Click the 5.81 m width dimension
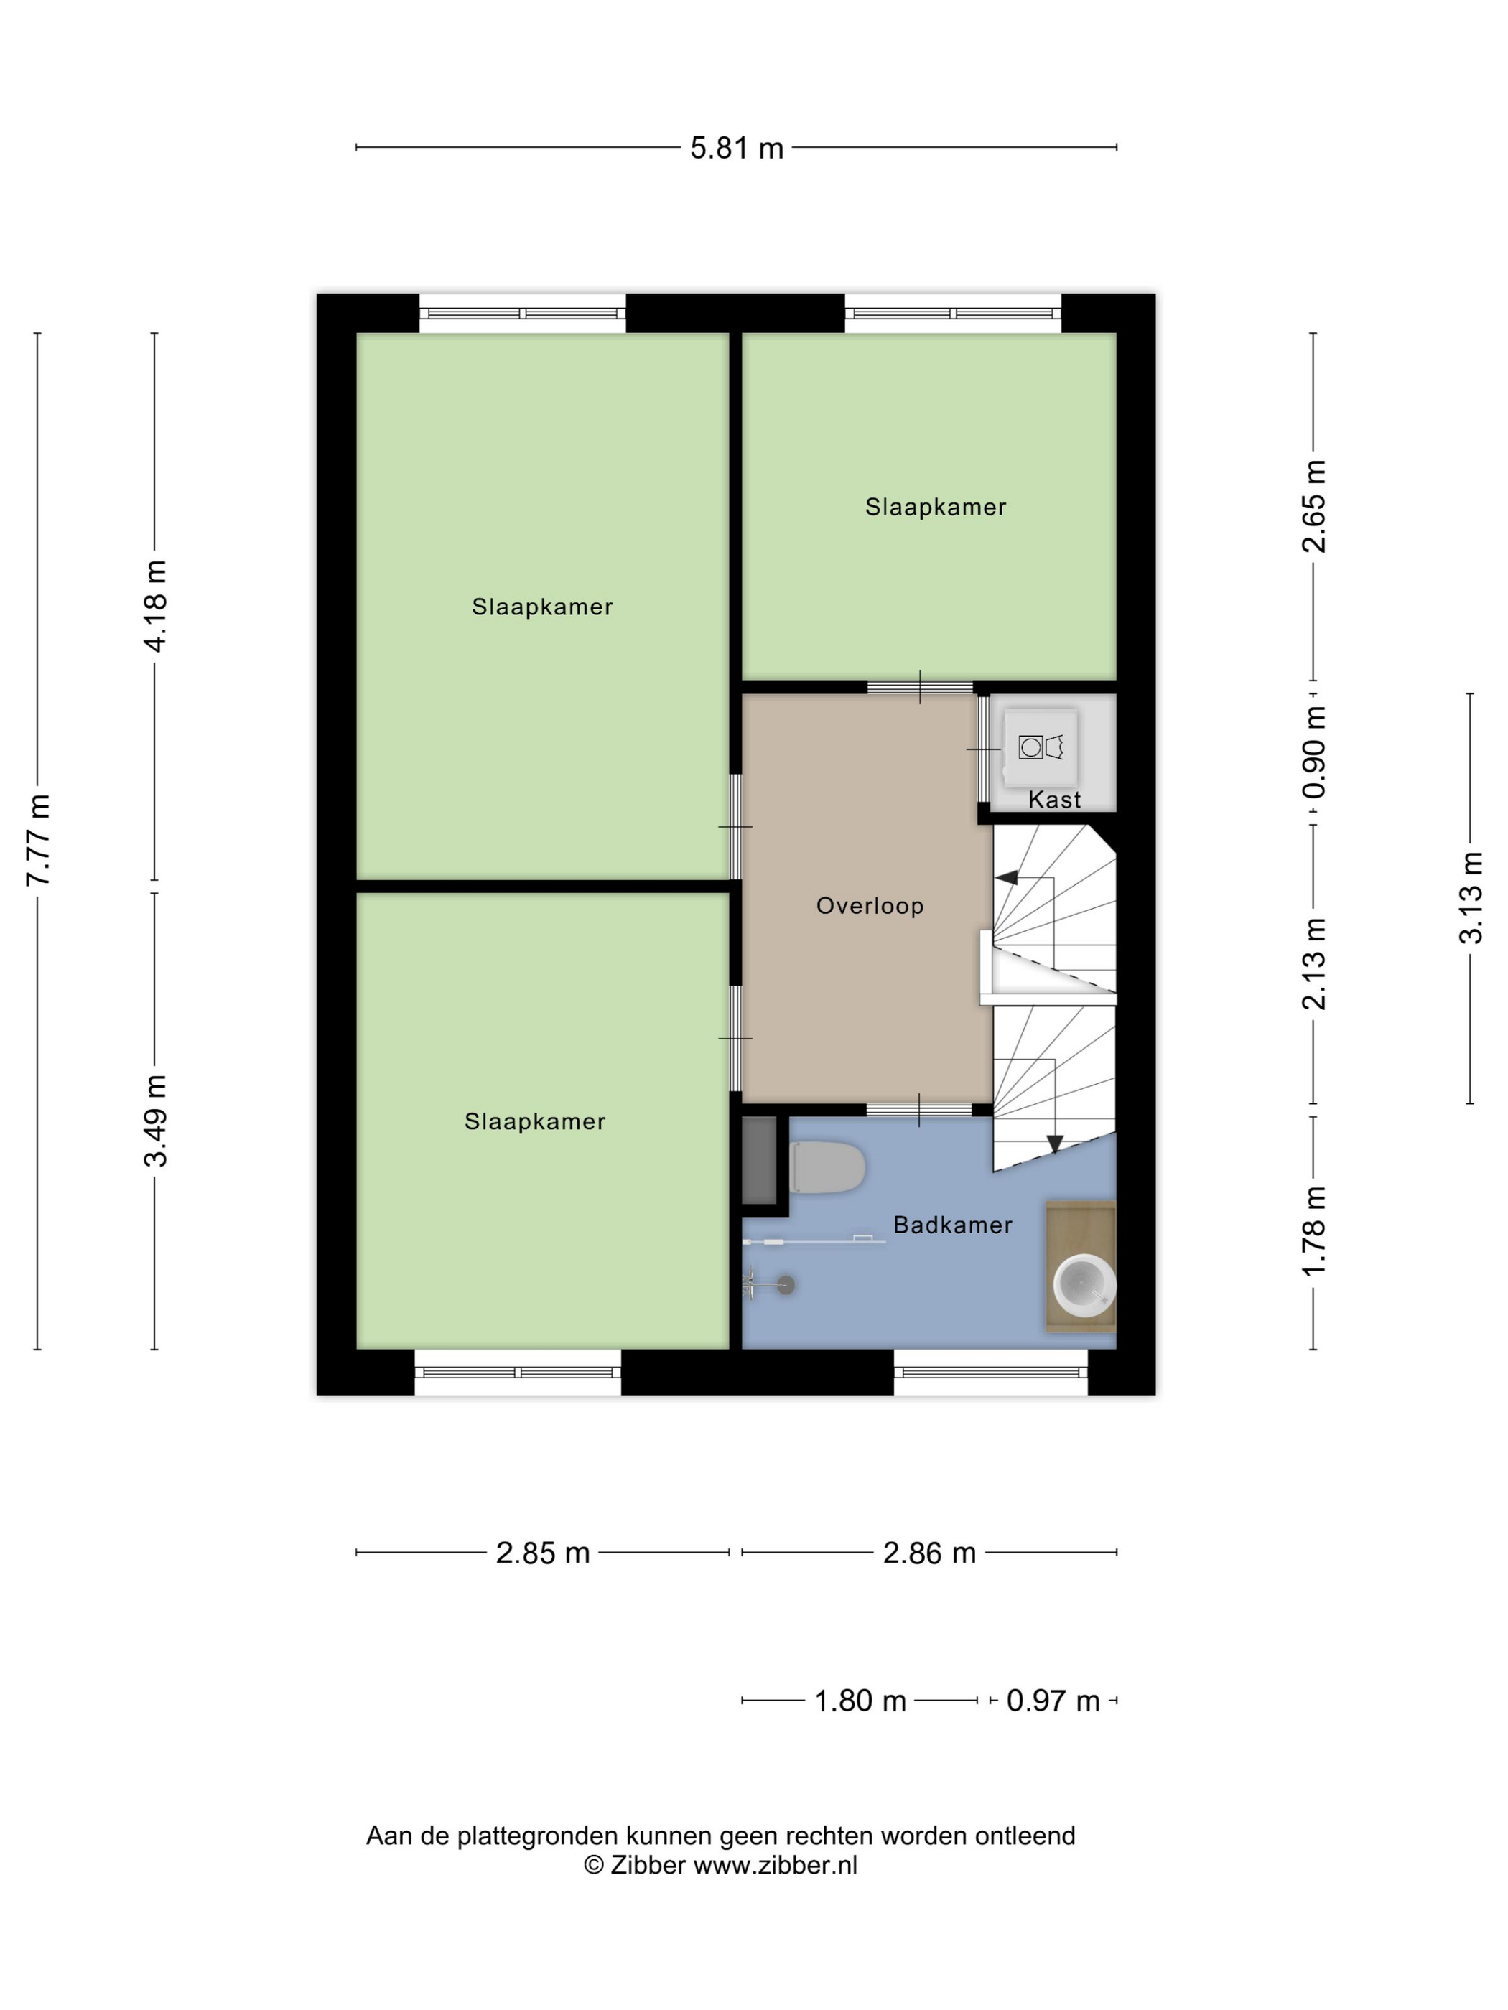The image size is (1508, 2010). pyautogui.click(x=736, y=147)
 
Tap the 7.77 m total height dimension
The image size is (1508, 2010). pyautogui.click(x=38, y=840)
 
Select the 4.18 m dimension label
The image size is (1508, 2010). pyautogui.click(x=155, y=606)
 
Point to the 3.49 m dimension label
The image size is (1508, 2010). pyautogui.click(x=155, y=1121)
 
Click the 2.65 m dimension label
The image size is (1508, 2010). pyautogui.click(x=1314, y=507)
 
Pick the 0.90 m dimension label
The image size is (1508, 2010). pyautogui.click(x=1314, y=752)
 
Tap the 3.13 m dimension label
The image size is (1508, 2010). pyautogui.click(x=1471, y=898)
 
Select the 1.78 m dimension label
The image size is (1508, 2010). pyautogui.click(x=1314, y=1231)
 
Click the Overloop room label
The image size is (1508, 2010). pyautogui.click(x=870, y=906)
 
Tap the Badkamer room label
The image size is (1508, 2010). pyautogui.click(x=953, y=1225)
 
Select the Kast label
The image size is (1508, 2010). pyautogui.click(x=1054, y=800)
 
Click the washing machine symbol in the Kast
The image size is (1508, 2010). pyautogui.click(x=1041, y=748)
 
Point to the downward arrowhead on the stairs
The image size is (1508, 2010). pyautogui.click(x=1054, y=1144)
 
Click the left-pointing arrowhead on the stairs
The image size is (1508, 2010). pyautogui.click(x=1006, y=878)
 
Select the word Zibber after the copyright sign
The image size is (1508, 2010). pyautogui.click(x=647, y=1866)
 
